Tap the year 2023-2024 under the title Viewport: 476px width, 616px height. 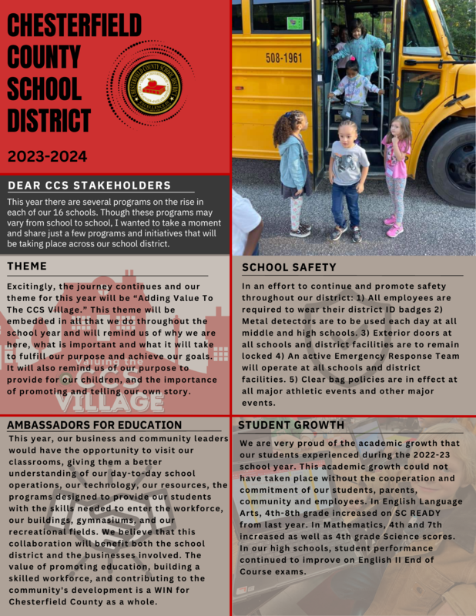[x=48, y=156]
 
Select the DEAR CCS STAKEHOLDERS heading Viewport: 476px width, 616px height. [x=89, y=186]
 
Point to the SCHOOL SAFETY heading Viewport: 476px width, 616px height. [x=289, y=267]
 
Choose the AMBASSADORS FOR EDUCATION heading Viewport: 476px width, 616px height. [x=95, y=424]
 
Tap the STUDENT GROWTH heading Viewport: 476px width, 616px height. [x=292, y=424]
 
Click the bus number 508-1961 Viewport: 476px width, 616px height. [x=283, y=58]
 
